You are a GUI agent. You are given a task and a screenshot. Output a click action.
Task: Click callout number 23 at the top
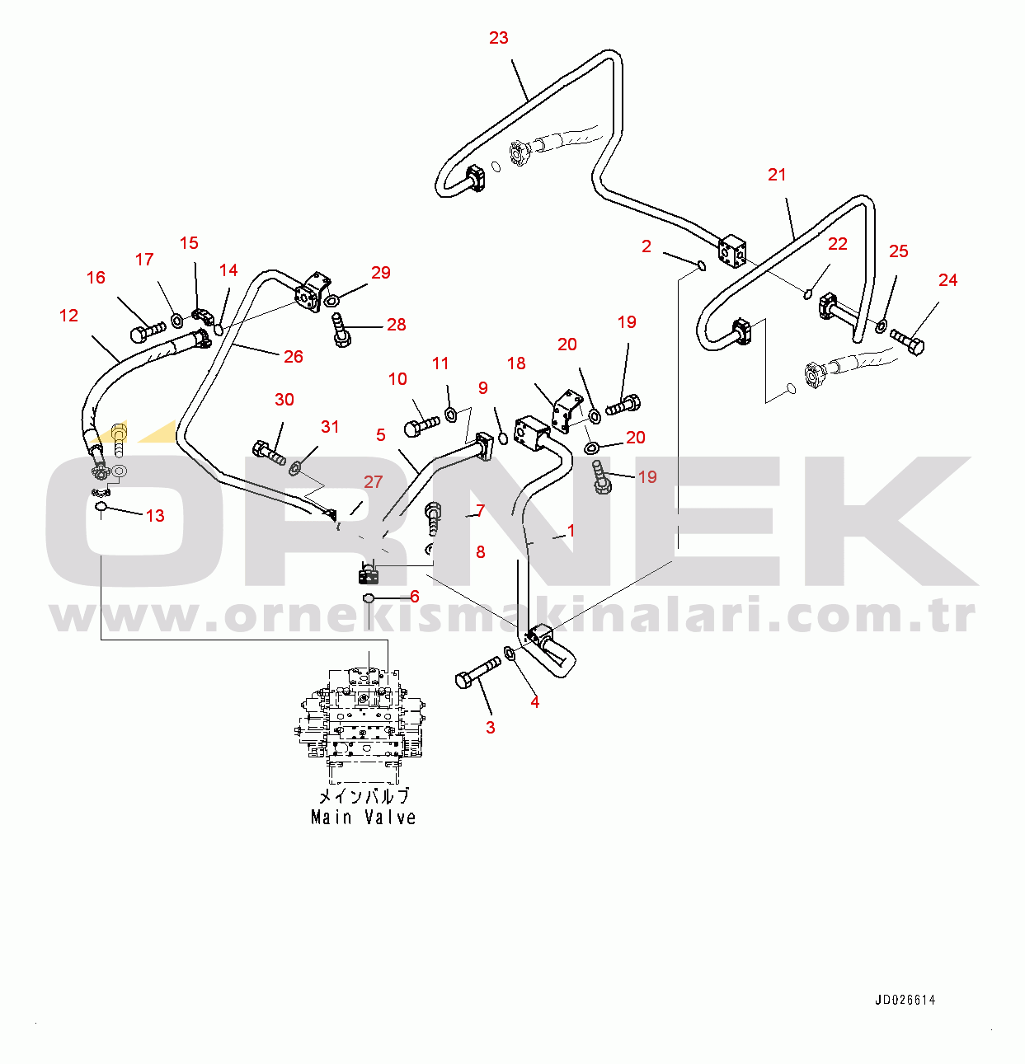tap(499, 38)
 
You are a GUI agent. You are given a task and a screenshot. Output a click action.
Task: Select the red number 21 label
tap(777, 175)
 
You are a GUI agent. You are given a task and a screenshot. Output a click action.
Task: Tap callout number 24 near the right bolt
tap(947, 280)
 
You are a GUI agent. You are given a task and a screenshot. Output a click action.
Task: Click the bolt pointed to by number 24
tap(908, 340)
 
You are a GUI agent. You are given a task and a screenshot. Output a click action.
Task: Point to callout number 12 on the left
tap(69, 316)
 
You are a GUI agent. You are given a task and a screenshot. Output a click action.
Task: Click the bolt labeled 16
tap(148, 332)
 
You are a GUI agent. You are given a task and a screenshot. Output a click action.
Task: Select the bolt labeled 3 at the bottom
tap(477, 672)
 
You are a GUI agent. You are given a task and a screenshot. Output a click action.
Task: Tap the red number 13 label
tap(155, 516)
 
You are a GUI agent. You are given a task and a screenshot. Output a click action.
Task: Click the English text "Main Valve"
tap(363, 818)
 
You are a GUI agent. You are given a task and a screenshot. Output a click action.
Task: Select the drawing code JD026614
tap(905, 1001)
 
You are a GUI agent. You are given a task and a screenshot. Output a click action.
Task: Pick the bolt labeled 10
tap(421, 426)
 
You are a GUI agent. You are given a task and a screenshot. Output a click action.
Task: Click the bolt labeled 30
tap(270, 452)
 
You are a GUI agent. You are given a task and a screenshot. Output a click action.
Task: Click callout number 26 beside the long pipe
tap(294, 357)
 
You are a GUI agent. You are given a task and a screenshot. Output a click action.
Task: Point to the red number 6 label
tap(415, 597)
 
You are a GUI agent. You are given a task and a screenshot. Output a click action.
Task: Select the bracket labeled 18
tap(567, 411)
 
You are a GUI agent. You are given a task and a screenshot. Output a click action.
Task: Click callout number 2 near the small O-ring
tap(647, 246)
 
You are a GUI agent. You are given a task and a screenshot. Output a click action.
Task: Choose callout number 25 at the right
tap(898, 251)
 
